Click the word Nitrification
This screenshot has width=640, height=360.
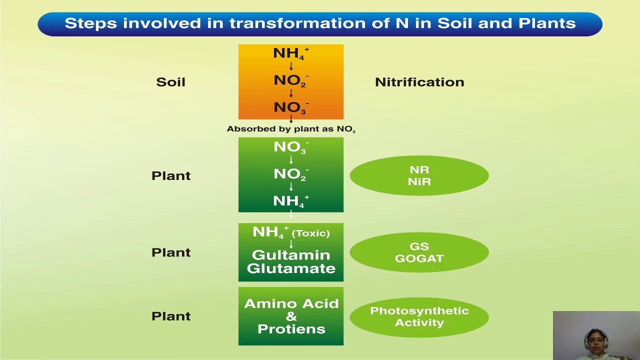coord(419,82)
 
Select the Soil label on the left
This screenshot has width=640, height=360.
coord(170,82)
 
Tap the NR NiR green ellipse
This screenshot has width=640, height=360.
coord(419,175)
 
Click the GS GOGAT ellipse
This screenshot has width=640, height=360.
coord(419,252)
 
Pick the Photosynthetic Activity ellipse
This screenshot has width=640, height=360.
coord(419,316)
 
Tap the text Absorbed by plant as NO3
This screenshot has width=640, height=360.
coord(291,129)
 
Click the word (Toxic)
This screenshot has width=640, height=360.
coord(310,233)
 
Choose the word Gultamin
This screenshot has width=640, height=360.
coord(291,255)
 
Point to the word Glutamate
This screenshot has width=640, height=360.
coord(291,268)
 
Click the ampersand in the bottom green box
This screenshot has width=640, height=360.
coord(291,316)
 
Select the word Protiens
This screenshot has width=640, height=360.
coord(291,329)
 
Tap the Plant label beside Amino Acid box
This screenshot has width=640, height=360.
coord(171,316)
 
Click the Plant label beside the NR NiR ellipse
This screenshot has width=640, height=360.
coord(171,175)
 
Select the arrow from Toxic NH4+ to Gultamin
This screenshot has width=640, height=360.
coord(291,244)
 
